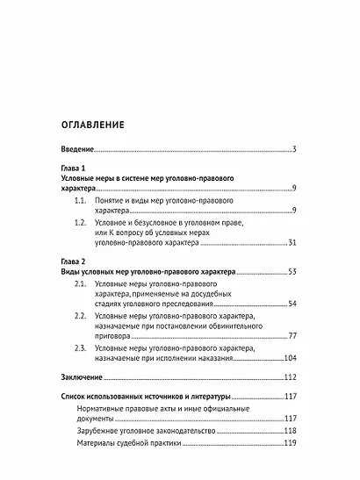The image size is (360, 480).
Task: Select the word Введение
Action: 71,150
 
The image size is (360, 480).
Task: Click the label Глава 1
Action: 62,168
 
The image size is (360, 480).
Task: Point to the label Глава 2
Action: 62,262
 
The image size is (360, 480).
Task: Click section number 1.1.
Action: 82,200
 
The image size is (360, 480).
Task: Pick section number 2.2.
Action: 82,316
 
